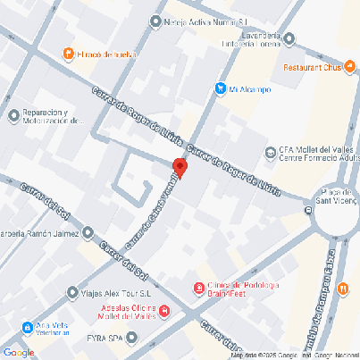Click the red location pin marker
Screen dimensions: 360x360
(x=180, y=168)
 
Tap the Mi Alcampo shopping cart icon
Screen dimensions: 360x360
(x=220, y=88)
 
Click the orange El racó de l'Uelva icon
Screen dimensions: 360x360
(x=68, y=54)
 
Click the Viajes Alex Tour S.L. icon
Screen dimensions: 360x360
(x=73, y=292)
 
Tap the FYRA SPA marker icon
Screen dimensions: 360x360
(x=132, y=338)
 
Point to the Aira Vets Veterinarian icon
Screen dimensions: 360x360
(x=28, y=327)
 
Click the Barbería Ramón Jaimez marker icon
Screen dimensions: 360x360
(x=88, y=234)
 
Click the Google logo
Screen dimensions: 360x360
(x=19, y=352)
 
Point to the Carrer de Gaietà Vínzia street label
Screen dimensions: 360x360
(x=150, y=213)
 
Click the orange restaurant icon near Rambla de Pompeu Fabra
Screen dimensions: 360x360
(x=343, y=289)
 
